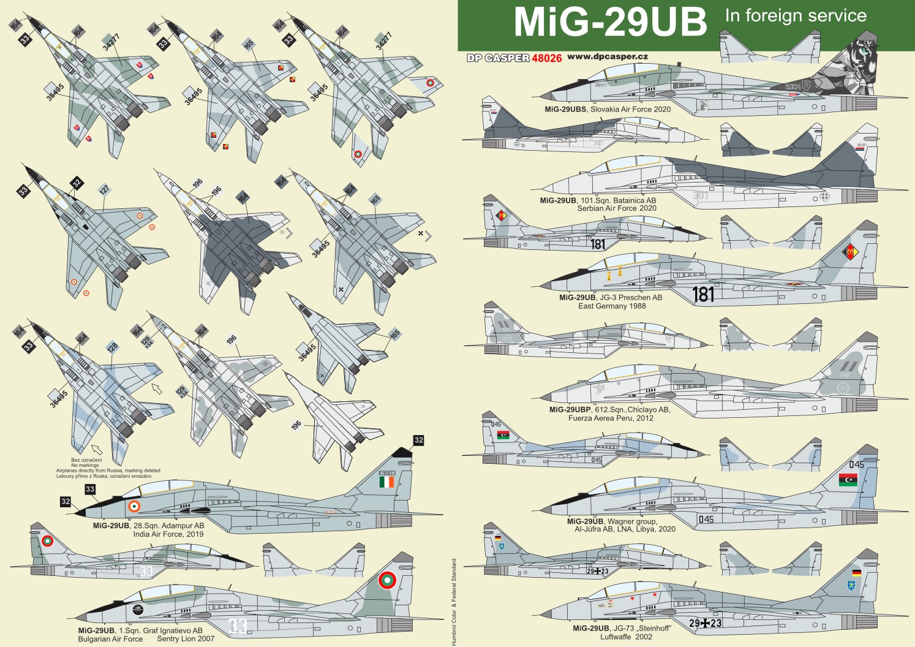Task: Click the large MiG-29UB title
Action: (610, 23)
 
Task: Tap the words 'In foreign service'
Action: (796, 16)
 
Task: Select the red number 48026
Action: (546, 58)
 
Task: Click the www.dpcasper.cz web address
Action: (607, 56)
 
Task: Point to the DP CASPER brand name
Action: (498, 58)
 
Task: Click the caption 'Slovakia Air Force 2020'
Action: (630, 110)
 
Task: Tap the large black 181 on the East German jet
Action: (703, 295)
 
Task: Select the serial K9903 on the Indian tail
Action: (386, 473)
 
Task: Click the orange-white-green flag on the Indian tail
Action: (386, 483)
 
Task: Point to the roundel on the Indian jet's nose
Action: (134, 507)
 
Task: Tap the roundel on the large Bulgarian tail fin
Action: (386, 580)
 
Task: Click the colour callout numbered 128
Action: (112, 347)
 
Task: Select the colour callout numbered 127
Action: (104, 190)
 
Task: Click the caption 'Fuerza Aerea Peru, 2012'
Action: (610, 418)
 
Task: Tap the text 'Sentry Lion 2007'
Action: (186, 639)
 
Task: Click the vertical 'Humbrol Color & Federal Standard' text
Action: (454, 602)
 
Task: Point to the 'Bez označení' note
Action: (86, 460)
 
